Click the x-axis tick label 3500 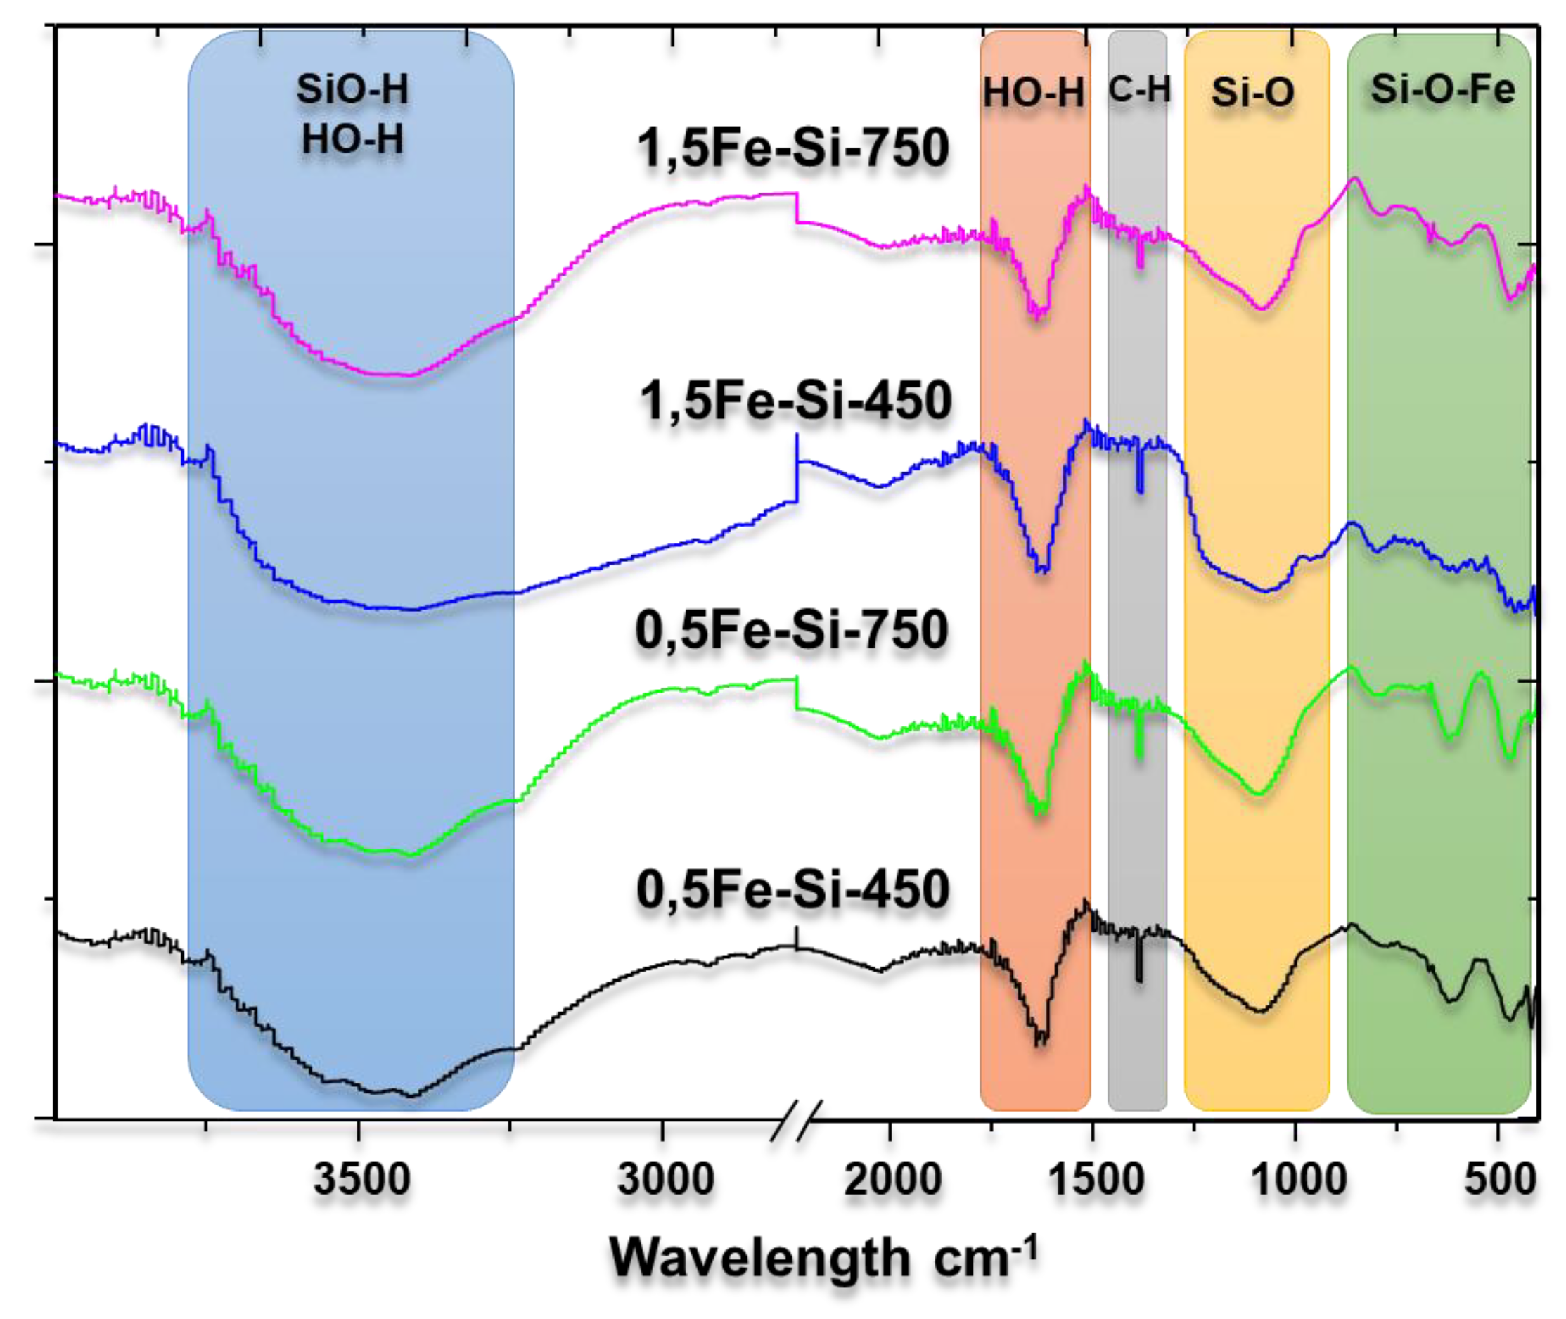click(x=361, y=1180)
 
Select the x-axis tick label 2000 click(x=892, y=1180)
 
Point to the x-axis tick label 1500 click(x=1096, y=1180)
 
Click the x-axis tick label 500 click(x=1500, y=1180)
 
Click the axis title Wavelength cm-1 click(x=823, y=1259)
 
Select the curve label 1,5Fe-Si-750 click(x=792, y=148)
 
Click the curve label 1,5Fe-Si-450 click(x=795, y=401)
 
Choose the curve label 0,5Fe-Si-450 click(x=792, y=890)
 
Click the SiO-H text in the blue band click(x=352, y=90)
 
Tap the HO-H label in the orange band click(x=1034, y=93)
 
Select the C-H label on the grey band click(x=1139, y=89)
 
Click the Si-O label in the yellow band click(x=1252, y=92)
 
